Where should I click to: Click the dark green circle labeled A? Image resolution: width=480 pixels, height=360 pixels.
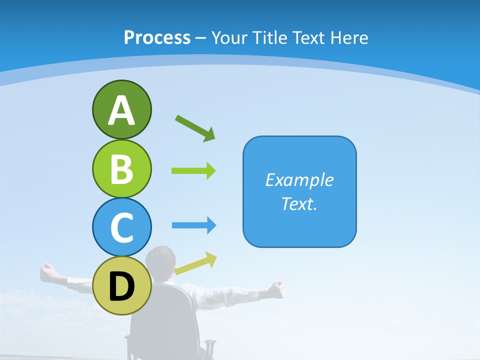(x=121, y=109)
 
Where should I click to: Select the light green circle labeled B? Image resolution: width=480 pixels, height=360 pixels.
(x=121, y=168)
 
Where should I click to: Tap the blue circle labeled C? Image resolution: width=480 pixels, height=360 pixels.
(x=121, y=227)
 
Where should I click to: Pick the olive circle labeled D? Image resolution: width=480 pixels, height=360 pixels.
(x=121, y=285)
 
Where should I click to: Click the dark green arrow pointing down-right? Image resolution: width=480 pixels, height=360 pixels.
(x=195, y=128)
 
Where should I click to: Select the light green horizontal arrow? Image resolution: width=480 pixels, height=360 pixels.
(x=193, y=171)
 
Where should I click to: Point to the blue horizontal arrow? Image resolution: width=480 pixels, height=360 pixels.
(x=194, y=225)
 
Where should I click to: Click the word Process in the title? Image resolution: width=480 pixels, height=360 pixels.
(x=157, y=37)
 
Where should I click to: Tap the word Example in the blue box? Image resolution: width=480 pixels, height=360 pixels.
(x=299, y=180)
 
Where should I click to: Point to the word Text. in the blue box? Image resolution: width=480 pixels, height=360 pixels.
(x=299, y=203)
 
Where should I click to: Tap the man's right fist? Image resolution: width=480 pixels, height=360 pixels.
(x=276, y=287)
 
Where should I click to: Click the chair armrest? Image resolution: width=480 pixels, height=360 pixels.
(x=210, y=344)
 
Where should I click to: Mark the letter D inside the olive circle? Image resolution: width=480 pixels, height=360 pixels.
(x=121, y=286)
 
